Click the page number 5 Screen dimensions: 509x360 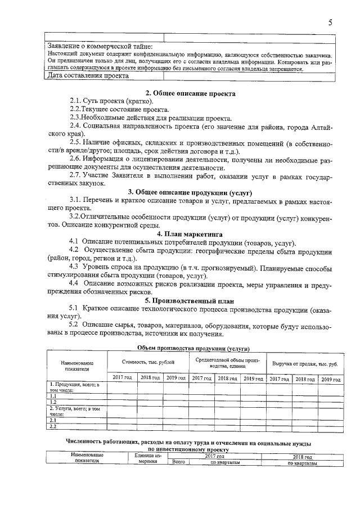[x=331, y=22]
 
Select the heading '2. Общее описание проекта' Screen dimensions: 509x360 [x=190, y=93]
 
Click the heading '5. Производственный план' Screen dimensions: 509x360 [x=190, y=300]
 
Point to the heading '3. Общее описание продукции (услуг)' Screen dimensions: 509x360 [x=190, y=192]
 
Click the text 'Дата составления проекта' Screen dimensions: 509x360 [x=88, y=75]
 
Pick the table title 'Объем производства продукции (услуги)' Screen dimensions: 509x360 [x=193, y=348]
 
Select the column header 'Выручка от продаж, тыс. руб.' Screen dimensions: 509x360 [x=304, y=364]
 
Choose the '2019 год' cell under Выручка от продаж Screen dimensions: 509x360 [x=330, y=379]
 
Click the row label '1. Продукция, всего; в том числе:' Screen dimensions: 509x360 [x=76, y=387]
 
